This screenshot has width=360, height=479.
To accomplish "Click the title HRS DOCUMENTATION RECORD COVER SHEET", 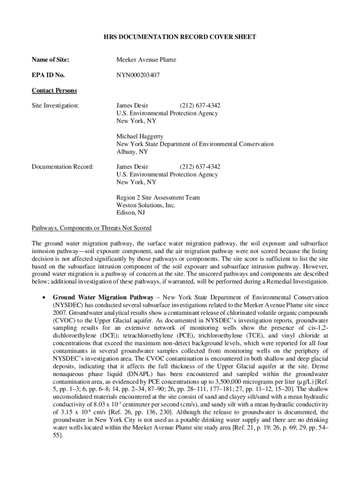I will click(180, 37).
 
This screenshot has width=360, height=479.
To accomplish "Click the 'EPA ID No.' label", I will click(48, 75).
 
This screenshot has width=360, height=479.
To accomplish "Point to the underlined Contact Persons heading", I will click(54, 90).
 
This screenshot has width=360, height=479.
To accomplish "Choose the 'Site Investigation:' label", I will click(55, 106).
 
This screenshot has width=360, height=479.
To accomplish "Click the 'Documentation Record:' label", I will click(62, 167).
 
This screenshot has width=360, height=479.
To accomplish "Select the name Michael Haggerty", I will click(140, 136).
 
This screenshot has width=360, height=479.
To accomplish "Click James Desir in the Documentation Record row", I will click(132, 167).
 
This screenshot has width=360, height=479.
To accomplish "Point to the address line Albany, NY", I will click(132, 152).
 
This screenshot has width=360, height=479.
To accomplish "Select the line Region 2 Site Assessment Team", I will click(158, 197).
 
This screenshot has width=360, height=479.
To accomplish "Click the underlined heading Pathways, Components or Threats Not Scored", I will click(92, 228).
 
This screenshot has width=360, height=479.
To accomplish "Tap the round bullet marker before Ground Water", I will click(43, 298).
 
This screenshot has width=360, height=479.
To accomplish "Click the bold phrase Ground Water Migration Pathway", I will click(103, 297).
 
